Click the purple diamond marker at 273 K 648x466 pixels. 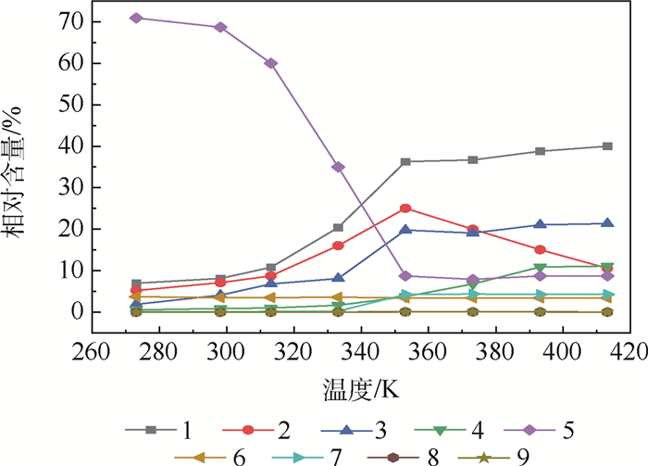tap(136, 18)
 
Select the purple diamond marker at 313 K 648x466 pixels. tap(271, 63)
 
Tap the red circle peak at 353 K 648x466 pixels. tap(405, 208)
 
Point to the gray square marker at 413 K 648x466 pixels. tap(607, 146)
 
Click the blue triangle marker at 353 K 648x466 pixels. tap(405, 230)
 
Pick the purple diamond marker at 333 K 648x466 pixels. tap(338, 167)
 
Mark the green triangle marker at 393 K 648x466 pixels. tap(540, 268)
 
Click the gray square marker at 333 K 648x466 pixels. tap(338, 227)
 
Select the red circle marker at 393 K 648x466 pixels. tap(540, 249)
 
